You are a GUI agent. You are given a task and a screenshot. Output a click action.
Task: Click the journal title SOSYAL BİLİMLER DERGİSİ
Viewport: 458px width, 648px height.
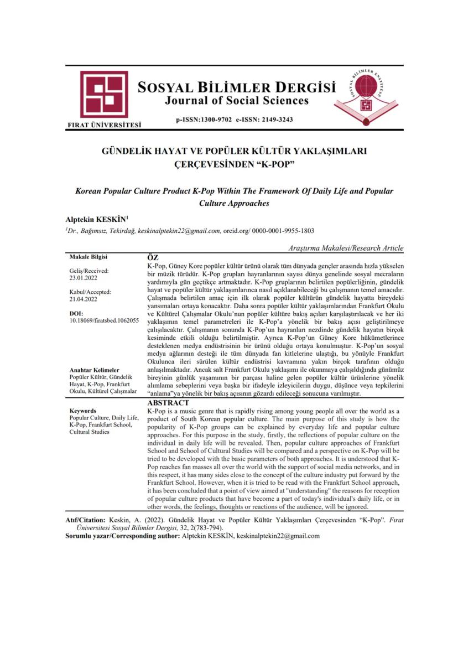pyautogui.click(x=237, y=87)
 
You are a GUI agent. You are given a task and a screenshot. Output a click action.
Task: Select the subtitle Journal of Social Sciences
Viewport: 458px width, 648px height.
pyautogui.click(x=237, y=101)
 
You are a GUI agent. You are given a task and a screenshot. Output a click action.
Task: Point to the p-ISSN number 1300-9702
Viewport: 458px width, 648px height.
pyautogui.click(x=212, y=119)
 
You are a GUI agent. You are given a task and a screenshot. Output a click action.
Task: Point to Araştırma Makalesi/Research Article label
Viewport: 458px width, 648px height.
pyautogui.click(x=346, y=248)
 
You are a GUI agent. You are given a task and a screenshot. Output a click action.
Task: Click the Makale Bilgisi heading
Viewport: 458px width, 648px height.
pyautogui.click(x=89, y=257)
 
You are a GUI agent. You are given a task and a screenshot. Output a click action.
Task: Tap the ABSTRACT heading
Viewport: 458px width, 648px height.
pyautogui.click(x=169, y=404)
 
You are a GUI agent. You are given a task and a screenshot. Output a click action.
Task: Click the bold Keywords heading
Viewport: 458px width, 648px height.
pyautogui.click(x=83, y=411)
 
